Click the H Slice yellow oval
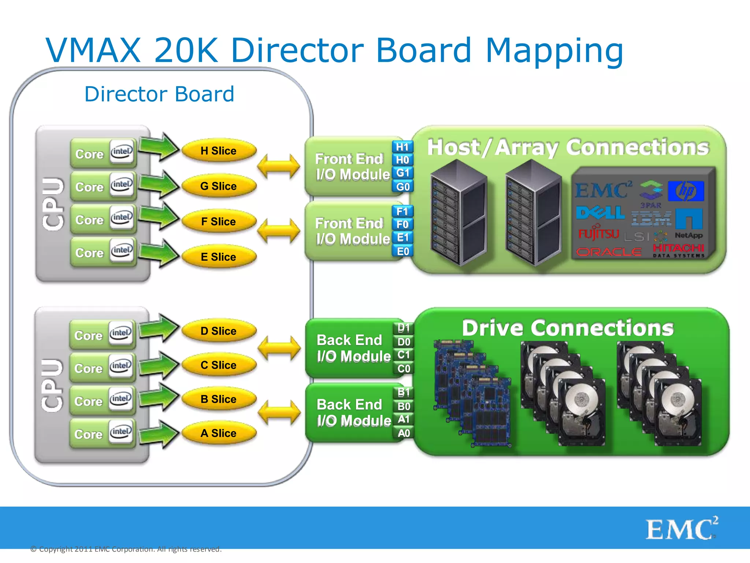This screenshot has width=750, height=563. [219, 151]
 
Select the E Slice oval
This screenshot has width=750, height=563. [219, 257]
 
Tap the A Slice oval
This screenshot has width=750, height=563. [219, 433]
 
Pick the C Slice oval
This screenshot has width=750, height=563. [219, 365]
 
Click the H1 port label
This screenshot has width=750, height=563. [402, 147]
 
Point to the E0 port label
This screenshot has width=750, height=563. [403, 251]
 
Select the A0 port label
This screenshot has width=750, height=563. [404, 433]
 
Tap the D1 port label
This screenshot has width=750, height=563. [404, 328]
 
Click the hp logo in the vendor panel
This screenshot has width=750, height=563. [686, 191]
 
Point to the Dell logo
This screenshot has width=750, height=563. [600, 213]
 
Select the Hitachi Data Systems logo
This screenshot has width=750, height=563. [678, 251]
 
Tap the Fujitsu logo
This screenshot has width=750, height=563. [598, 233]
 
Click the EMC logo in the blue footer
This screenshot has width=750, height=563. [681, 529]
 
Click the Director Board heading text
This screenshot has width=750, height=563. [159, 94]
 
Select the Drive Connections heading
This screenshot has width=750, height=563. [567, 328]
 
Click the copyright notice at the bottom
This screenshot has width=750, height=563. [126, 549]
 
